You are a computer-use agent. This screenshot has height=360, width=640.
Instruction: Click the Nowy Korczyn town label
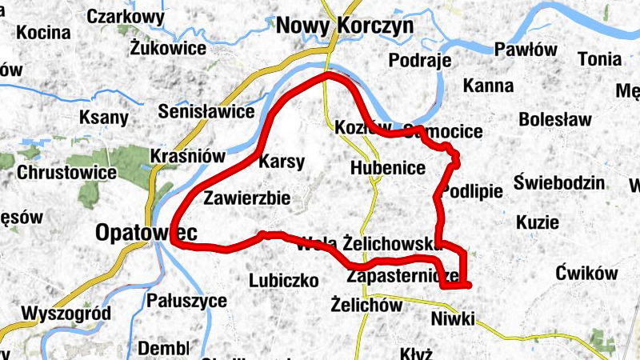pos(345,26)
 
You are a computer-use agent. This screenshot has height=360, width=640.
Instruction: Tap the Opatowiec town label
pos(146,232)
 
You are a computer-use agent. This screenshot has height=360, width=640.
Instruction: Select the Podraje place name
pos(420,61)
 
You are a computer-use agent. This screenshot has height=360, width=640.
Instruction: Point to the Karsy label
pos(282,162)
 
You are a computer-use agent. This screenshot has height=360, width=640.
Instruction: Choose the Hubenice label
pos(387,168)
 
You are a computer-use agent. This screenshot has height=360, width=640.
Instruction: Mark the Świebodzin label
pos(559,182)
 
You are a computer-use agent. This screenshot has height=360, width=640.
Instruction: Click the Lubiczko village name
pos(284,281)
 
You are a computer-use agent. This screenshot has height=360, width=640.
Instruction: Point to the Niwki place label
pos(452,320)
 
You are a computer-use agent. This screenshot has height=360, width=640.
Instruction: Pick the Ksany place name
pos(104,118)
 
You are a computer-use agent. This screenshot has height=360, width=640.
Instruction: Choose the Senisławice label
pos(206,111)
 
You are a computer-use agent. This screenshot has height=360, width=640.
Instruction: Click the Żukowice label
pos(168,48)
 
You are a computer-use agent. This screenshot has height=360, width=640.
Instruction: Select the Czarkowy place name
pos(126,17)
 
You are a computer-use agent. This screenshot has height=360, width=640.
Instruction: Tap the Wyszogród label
pos(66,313)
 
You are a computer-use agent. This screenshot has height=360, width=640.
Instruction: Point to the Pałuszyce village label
pos(186,301)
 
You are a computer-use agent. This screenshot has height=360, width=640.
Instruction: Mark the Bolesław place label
pos(555,120)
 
